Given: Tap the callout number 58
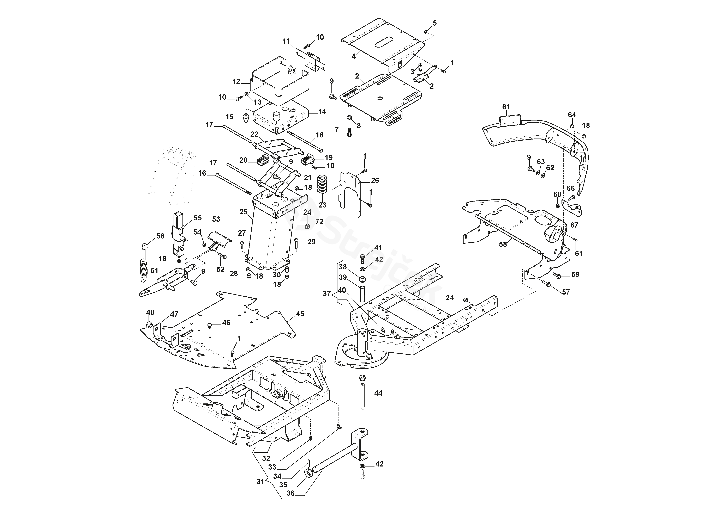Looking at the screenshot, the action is coord(503,244).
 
